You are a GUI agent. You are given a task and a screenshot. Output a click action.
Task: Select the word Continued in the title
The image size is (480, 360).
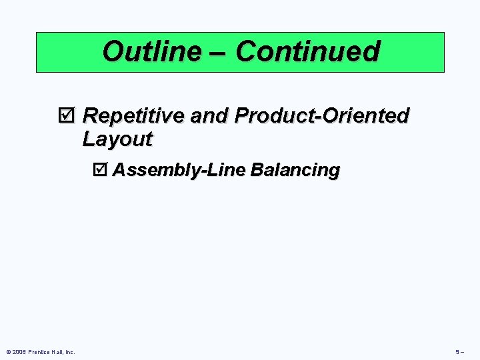click(307, 51)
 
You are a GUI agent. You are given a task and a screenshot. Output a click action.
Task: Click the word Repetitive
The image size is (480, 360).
click(133, 116)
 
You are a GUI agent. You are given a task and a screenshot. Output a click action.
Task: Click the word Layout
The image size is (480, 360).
click(117, 139)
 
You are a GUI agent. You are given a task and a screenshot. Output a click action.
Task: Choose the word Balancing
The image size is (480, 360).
click(295, 171)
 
